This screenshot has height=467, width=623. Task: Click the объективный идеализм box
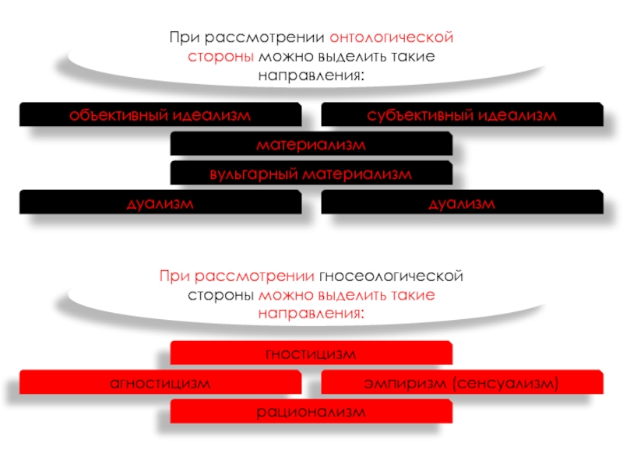click(x=160, y=115)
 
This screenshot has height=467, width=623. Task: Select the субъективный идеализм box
click(x=462, y=115)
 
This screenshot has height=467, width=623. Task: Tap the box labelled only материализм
click(x=311, y=145)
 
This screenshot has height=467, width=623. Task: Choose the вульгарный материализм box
click(x=311, y=174)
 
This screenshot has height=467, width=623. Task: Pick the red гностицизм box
click(x=311, y=354)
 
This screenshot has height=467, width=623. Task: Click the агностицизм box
click(x=160, y=383)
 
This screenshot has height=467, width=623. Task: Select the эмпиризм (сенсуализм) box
click(x=462, y=383)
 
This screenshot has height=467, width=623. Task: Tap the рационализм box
click(x=311, y=412)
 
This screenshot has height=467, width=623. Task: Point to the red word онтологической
click(x=391, y=37)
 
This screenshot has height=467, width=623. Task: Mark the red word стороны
click(x=220, y=58)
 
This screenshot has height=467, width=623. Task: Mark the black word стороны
click(x=220, y=297)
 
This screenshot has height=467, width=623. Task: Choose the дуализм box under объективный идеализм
click(x=160, y=204)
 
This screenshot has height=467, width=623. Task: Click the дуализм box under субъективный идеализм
click(x=462, y=204)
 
